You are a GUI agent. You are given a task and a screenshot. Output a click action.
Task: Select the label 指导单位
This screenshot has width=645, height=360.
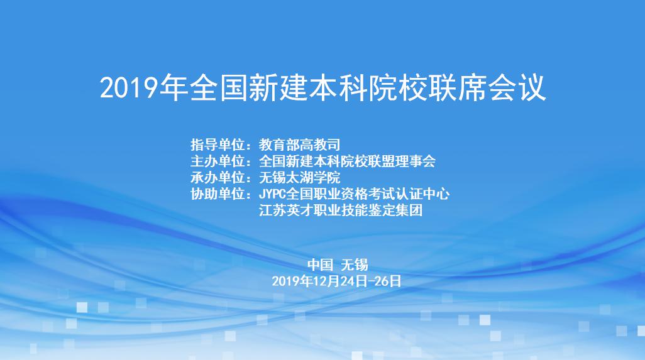pos(218,145)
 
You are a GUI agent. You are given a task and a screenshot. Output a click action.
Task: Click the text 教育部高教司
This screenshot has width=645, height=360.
pos(299,145)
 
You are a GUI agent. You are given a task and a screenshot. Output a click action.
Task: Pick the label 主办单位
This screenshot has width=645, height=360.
pos(218,161)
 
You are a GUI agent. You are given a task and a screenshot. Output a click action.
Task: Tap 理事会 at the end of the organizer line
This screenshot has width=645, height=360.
pos(416,161)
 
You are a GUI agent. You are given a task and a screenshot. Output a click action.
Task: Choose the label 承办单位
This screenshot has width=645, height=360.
pos(218,178)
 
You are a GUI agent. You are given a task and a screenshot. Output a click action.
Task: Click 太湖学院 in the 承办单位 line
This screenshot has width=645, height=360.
pos(313,178)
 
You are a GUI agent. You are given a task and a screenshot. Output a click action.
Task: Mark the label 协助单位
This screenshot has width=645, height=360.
pos(218,194)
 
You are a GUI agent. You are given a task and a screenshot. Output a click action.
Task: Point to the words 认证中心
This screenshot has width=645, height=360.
pos(422,194)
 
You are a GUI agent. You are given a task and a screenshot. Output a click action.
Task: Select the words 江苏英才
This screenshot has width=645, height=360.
pos(286,210)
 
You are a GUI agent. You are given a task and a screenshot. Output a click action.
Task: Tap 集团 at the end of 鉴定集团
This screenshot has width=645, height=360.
pos(409,210)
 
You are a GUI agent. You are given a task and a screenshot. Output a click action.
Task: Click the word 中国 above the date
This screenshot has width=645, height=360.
pos(320,265)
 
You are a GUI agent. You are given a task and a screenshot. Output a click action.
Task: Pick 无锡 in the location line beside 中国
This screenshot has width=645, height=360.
pos(354,265)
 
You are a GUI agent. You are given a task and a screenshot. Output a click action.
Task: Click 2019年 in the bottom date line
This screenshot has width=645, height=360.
pos(292,281)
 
